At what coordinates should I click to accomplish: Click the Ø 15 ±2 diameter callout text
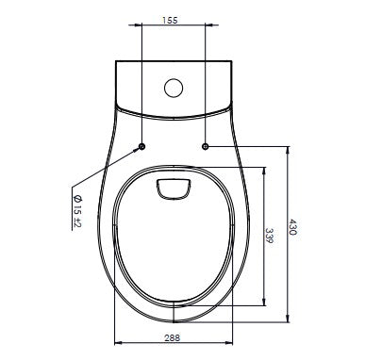coord(76,211)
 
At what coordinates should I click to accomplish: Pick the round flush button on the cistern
coord(174,88)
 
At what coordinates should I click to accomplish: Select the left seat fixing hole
coord(141,146)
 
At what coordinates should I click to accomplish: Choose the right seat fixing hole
coord(206,146)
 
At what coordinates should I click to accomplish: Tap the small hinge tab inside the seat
coord(174,188)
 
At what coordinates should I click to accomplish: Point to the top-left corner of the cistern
coord(114,63)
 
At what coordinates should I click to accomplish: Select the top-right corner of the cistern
coord(233,63)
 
